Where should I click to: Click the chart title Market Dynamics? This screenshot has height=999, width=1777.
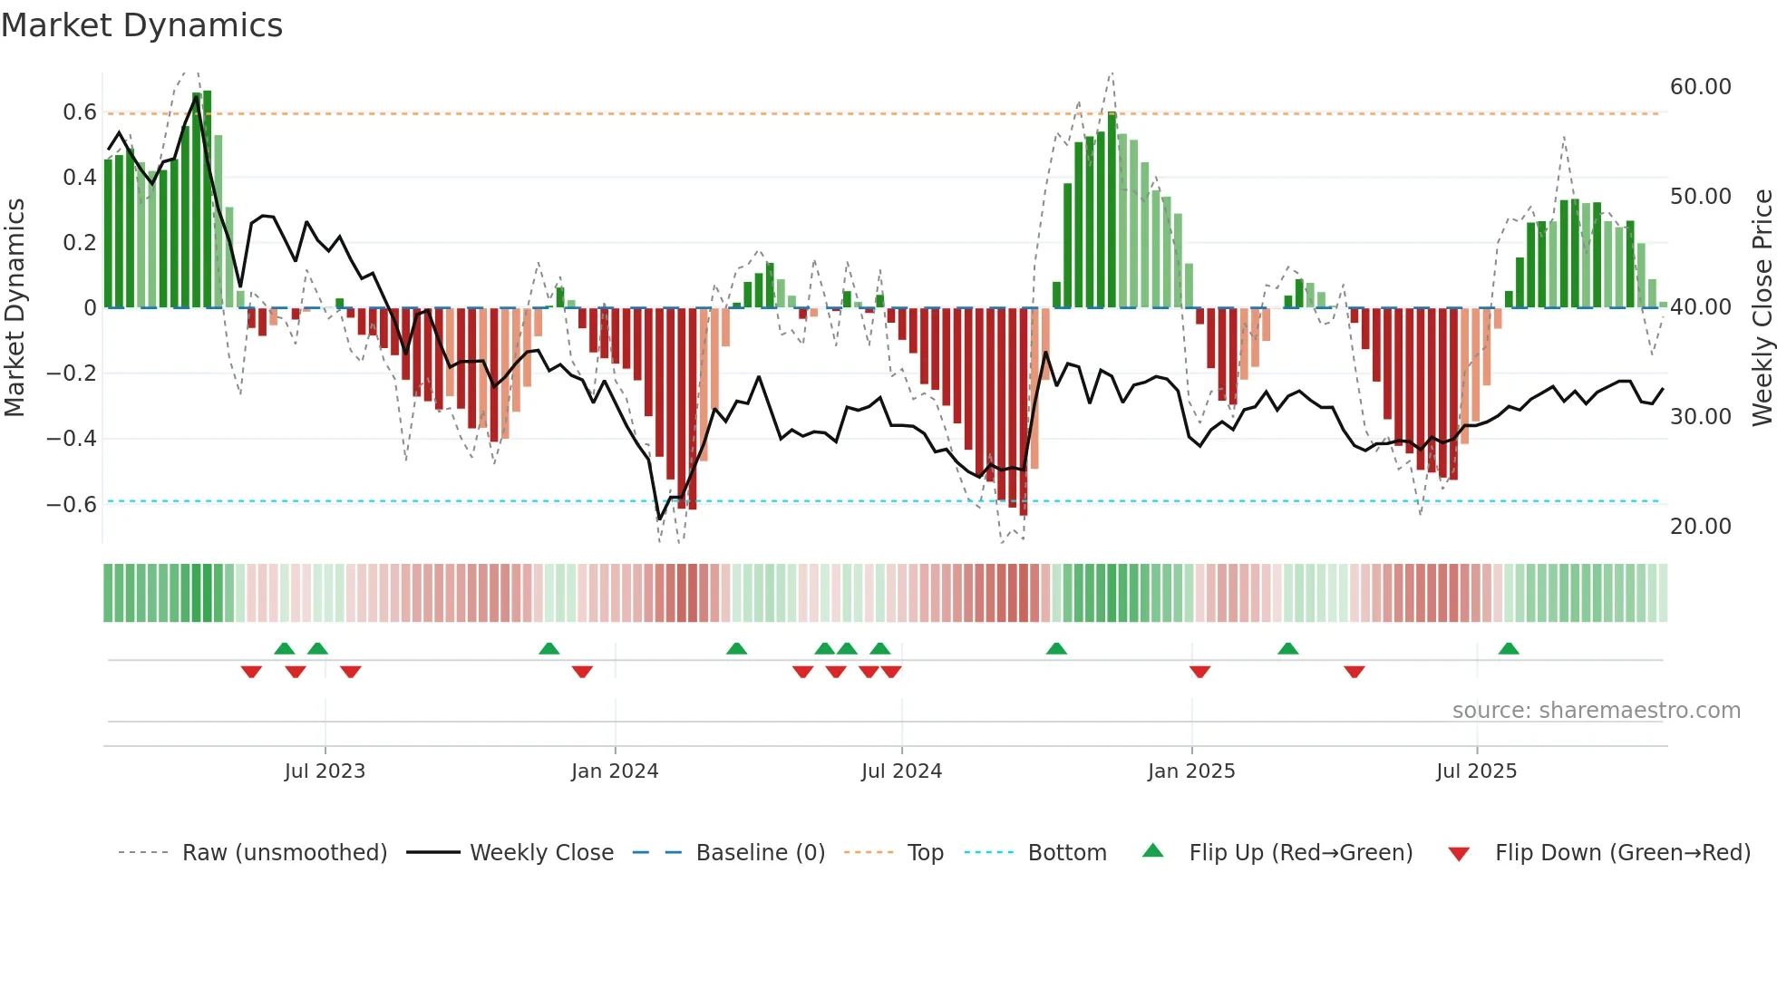pyautogui.click(x=142, y=25)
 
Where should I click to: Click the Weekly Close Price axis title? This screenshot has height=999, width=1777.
pyautogui.click(x=1762, y=307)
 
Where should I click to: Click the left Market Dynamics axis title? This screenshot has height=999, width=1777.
pyautogui.click(x=15, y=307)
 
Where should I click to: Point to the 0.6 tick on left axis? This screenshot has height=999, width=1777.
pyautogui.click(x=80, y=112)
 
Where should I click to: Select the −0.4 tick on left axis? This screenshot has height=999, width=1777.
pyautogui.click(x=72, y=439)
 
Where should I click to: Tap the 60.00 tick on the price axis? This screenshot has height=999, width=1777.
pyautogui.click(x=1700, y=87)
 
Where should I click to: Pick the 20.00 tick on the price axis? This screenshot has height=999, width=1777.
pyautogui.click(x=1700, y=527)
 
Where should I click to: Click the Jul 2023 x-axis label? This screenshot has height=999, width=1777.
pyautogui.click(x=325, y=771)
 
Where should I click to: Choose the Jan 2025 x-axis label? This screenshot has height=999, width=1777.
pyautogui.click(x=1190, y=771)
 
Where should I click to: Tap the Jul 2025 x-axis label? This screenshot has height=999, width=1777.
pyautogui.click(x=1476, y=771)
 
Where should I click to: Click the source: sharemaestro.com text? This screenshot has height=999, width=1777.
pyautogui.click(x=1596, y=711)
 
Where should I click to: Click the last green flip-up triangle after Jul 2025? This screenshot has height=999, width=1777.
pyautogui.click(x=1509, y=649)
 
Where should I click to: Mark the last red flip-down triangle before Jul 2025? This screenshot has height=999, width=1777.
pyautogui.click(x=1355, y=672)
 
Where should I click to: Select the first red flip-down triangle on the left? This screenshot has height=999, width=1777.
pyautogui.click(x=251, y=672)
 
